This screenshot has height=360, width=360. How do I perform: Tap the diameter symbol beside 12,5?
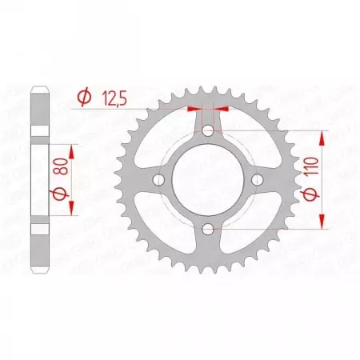(x=82, y=98)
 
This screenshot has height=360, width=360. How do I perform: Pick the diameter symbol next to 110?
(x=311, y=194)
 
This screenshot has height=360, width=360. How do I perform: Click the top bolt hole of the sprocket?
(x=208, y=130)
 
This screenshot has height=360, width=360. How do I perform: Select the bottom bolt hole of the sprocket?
(x=208, y=230)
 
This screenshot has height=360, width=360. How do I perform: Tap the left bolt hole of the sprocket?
(x=158, y=181)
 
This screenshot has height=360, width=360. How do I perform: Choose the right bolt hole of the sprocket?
(x=258, y=181)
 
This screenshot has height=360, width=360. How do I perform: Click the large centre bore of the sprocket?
(x=208, y=181)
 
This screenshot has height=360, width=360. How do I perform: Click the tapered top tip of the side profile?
(x=39, y=89)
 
